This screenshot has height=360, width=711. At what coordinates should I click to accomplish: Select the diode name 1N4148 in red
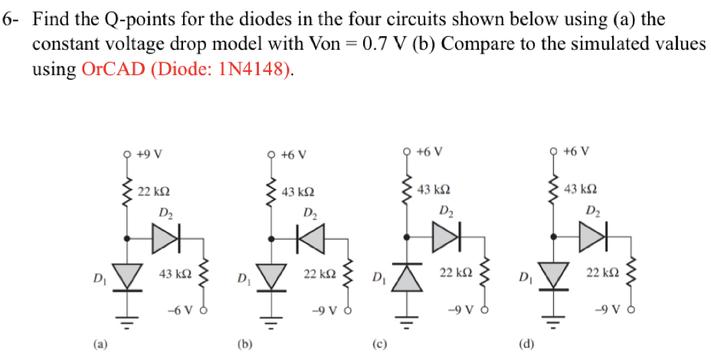(x=253, y=70)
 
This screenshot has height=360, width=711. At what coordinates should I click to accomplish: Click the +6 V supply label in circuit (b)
(x=293, y=153)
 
